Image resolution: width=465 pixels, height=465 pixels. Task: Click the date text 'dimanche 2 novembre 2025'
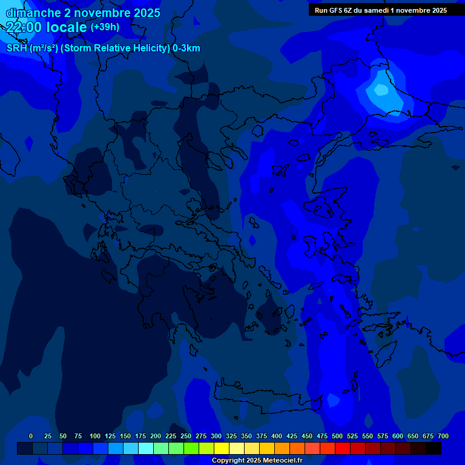83,13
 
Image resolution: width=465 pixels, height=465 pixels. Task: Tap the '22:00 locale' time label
47,27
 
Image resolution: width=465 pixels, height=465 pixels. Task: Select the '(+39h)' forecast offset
105,27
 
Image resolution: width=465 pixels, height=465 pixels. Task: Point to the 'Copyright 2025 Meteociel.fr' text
257,461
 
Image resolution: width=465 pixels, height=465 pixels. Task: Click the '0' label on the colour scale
31,436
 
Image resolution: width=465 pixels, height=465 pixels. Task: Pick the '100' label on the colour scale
95,436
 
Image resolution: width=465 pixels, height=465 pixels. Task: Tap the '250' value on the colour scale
186,436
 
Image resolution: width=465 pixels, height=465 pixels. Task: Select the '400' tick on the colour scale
277,436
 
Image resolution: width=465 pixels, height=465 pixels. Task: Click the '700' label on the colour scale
443,436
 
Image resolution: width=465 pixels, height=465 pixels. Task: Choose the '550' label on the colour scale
368,436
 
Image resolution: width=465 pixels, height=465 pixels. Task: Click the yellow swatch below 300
222,449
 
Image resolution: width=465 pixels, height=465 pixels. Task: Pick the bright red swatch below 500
343,449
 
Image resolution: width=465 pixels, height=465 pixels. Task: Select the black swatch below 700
434,449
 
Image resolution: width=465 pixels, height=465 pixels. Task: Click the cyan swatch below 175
146,449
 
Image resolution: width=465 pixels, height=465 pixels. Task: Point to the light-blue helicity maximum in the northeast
381,90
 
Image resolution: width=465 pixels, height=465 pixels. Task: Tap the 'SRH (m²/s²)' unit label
32,48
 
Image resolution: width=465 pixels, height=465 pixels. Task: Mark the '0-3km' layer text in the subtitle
186,48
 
